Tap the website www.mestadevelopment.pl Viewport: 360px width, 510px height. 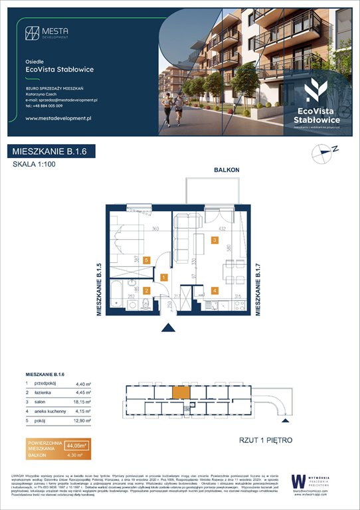(58, 118)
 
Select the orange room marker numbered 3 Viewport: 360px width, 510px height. (214, 240)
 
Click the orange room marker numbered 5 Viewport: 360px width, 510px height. (147, 261)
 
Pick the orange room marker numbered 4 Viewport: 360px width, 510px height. (214, 290)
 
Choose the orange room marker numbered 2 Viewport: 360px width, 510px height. (147, 290)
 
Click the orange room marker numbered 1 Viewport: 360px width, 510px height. (163, 278)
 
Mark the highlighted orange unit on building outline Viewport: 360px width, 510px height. (180, 393)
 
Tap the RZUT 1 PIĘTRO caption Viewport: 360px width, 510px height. (265, 440)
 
